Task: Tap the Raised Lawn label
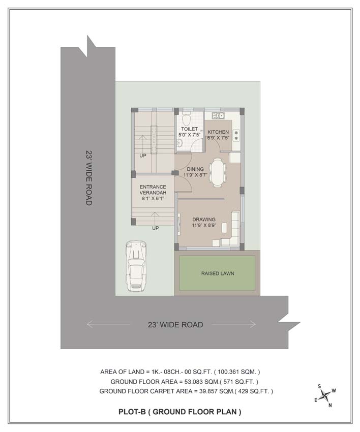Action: [x=218, y=273]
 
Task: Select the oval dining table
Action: [x=218, y=172]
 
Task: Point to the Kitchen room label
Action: [x=218, y=132]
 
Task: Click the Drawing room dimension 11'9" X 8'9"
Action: [x=204, y=225]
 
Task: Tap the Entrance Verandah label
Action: [x=153, y=190]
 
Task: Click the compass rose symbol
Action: [x=325, y=395]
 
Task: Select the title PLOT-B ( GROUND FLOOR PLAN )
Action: [x=179, y=412]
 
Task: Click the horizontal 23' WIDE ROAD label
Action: [x=175, y=325]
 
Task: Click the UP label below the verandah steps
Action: [x=156, y=228]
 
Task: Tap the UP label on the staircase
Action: [x=143, y=156]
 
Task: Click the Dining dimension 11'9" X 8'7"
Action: [x=195, y=175]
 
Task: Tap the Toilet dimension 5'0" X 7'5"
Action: [x=189, y=135]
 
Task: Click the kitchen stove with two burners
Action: [x=236, y=135]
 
